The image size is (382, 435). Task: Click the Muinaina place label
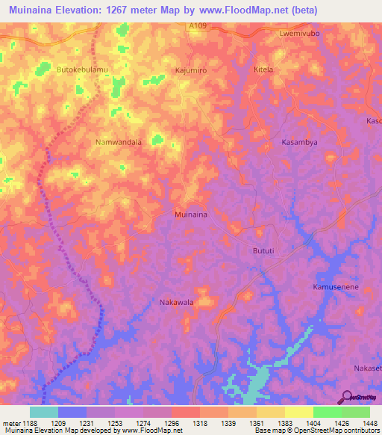[190, 214]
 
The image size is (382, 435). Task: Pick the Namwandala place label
[118, 141]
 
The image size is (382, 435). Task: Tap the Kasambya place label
[299, 141]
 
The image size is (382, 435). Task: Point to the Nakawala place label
[177, 302]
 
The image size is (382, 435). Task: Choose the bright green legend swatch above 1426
[327, 412]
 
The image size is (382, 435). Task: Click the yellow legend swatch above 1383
[270, 412]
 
